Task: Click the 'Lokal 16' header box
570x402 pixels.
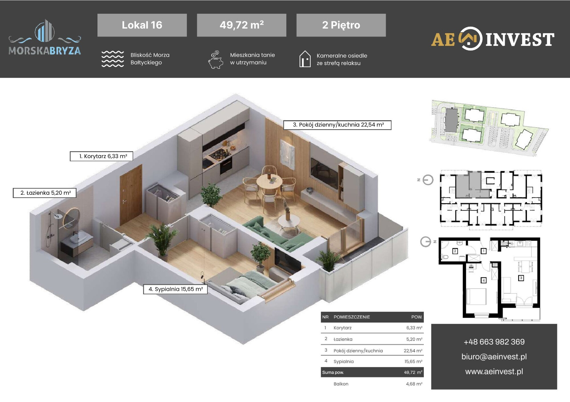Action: pos(142,25)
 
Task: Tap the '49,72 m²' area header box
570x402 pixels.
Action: pos(241,25)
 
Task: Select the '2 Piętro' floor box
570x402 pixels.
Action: pos(341,25)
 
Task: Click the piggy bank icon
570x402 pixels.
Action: pos(216,60)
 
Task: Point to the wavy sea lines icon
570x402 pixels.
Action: pos(113,59)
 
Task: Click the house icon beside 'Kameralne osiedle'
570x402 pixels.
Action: pos(305,59)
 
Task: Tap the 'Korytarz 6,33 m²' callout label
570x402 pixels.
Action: pos(101,156)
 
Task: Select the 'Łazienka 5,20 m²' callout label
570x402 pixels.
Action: pos(45,193)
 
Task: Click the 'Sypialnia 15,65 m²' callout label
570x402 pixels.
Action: pos(175,289)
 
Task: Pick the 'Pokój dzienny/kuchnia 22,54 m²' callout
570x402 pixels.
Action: pos(337,125)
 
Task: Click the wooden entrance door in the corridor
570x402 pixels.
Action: pos(131,195)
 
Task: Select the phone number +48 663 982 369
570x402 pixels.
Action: pos(494,342)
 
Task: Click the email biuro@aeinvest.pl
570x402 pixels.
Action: pos(494,356)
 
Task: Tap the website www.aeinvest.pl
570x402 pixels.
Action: pos(494,371)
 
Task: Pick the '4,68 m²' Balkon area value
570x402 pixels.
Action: pos(414,384)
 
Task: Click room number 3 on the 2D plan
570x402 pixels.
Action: pos(521,278)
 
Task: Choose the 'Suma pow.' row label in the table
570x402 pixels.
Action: pos(333,372)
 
